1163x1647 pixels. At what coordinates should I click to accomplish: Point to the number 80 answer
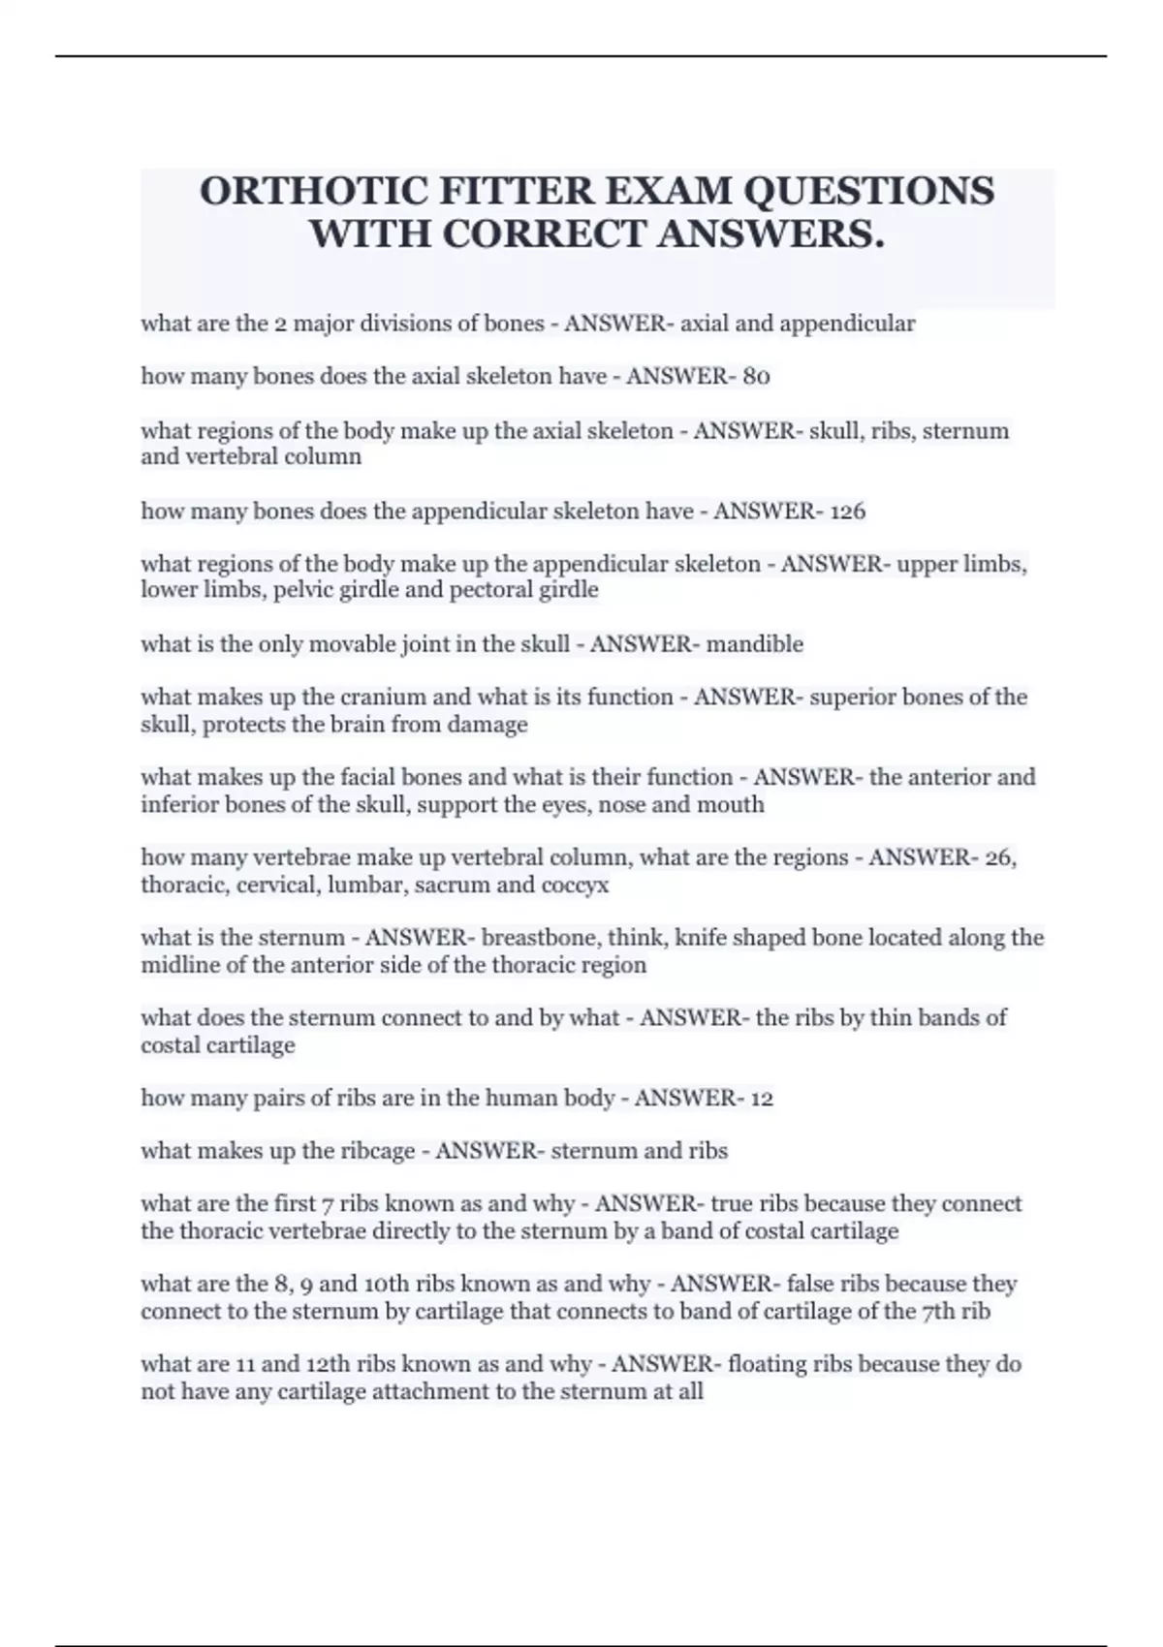point(756,377)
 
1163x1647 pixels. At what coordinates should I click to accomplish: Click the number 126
point(847,512)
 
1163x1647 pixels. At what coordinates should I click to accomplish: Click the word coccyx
point(576,886)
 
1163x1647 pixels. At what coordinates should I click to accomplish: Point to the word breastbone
point(535,938)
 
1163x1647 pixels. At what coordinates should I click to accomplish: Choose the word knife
point(703,938)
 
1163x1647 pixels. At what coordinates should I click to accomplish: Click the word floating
point(768,1364)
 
